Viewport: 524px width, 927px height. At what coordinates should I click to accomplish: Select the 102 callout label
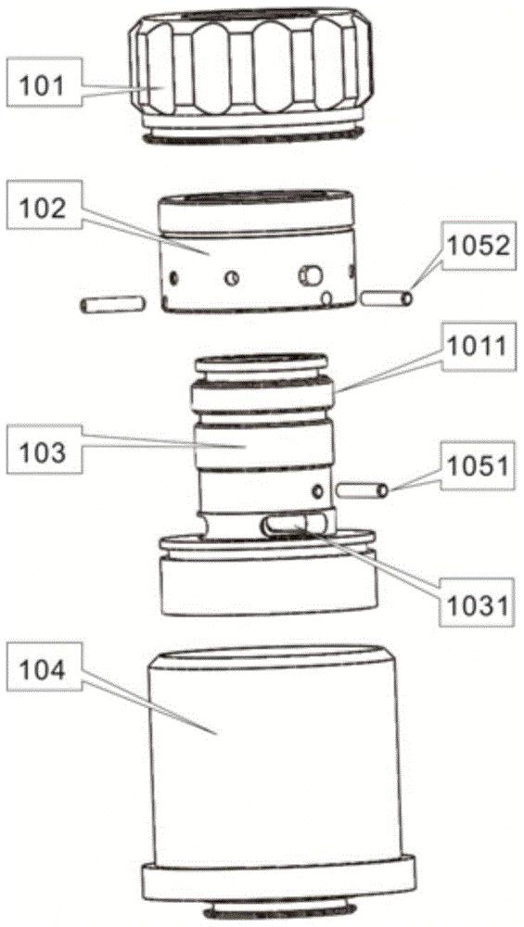tap(44, 205)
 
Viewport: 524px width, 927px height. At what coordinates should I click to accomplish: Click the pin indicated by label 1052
tap(387, 298)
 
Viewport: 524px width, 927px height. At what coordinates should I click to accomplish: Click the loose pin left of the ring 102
tap(112, 304)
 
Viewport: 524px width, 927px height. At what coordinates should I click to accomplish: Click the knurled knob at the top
tap(252, 74)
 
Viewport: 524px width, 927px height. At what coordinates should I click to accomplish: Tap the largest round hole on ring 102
tap(311, 274)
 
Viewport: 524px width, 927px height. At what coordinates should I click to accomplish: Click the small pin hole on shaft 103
tap(318, 490)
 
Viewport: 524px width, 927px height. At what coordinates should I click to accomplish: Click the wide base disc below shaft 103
tap(269, 574)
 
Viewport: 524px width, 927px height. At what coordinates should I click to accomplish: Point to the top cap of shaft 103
tap(262, 363)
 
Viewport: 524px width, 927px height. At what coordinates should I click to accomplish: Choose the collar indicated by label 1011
tap(262, 394)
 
